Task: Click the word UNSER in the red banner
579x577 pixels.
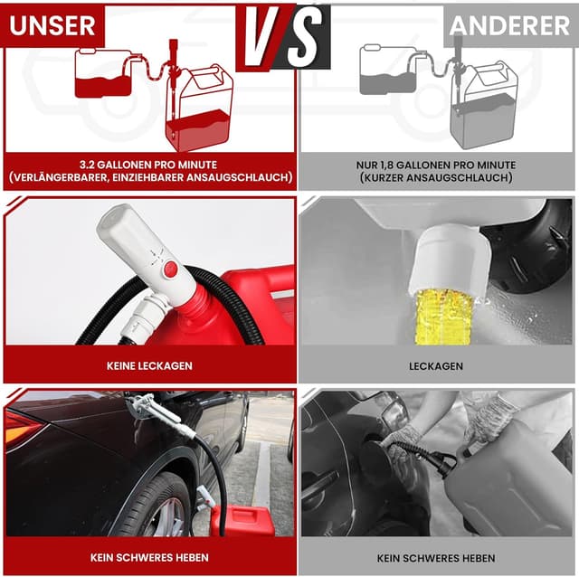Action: (x=52, y=25)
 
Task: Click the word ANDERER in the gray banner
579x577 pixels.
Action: (x=509, y=26)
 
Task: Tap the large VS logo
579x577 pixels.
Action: (x=283, y=37)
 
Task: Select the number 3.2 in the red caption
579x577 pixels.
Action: (x=87, y=165)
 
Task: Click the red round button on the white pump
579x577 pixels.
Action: (x=170, y=269)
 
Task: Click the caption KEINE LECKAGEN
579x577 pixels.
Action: (x=149, y=366)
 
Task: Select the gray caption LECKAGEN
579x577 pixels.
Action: (x=436, y=366)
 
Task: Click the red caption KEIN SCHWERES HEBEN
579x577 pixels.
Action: (x=149, y=557)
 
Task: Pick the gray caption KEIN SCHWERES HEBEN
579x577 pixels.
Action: (x=436, y=558)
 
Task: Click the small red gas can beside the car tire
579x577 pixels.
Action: (x=247, y=521)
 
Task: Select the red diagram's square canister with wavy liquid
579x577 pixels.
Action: (x=103, y=73)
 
